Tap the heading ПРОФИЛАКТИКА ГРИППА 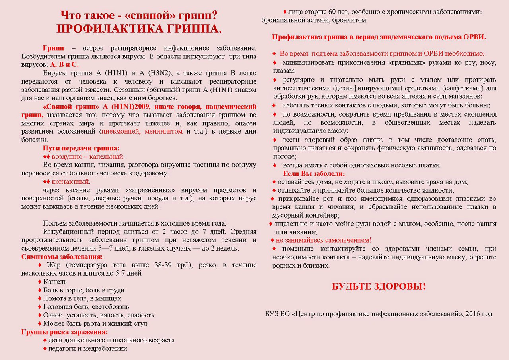[139, 29]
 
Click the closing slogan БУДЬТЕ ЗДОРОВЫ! [379, 286]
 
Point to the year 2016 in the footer [473, 314]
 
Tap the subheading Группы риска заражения [65, 332]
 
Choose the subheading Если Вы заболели [314, 174]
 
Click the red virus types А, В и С [64, 64]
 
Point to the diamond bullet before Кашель [39, 282]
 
